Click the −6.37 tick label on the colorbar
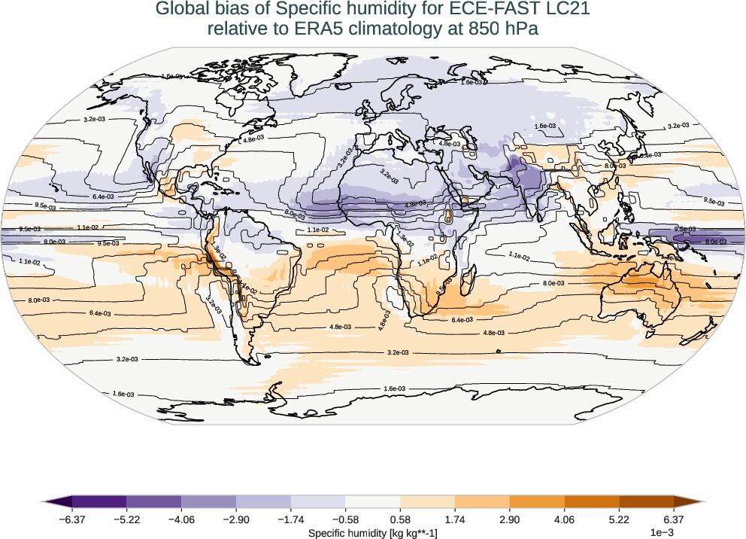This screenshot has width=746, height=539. pyautogui.click(x=72, y=519)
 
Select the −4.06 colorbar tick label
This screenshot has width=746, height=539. pyautogui.click(x=181, y=519)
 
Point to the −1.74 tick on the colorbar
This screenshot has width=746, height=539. pyautogui.click(x=291, y=519)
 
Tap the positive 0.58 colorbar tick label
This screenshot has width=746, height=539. pyautogui.click(x=400, y=519)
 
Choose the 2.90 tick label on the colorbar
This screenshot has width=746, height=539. pyautogui.click(x=510, y=519)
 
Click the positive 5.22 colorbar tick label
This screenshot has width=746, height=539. pyautogui.click(x=619, y=519)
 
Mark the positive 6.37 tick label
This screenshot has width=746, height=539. pyautogui.click(x=674, y=519)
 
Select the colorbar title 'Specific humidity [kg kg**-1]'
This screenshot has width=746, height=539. pyautogui.click(x=373, y=533)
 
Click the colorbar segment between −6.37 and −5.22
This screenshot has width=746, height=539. pyautogui.click(x=99, y=501)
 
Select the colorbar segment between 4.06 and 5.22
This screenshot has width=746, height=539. pyautogui.click(x=592, y=501)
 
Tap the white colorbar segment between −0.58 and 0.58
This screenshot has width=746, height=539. pyautogui.click(x=373, y=501)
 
